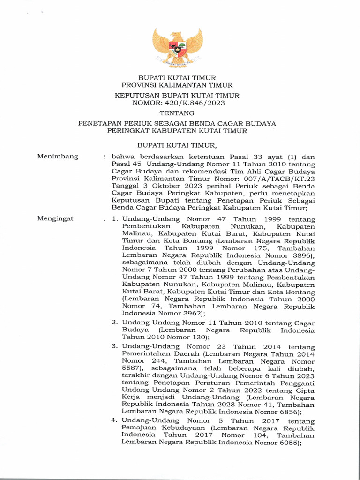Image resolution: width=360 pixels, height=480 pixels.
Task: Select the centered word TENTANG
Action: click(x=177, y=113)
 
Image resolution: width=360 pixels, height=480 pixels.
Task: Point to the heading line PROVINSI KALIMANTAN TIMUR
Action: click(x=177, y=85)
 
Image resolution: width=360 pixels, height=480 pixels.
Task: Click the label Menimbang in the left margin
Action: click(x=58, y=157)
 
